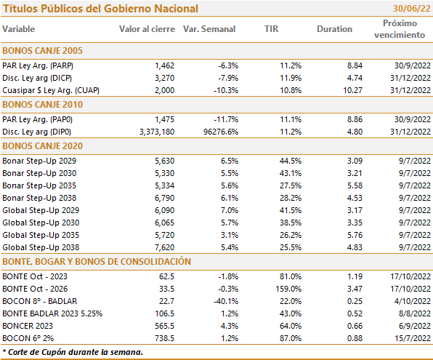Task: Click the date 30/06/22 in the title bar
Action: click(411, 9)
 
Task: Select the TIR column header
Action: click(272, 29)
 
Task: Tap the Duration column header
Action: click(334, 29)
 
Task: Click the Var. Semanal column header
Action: click(209, 29)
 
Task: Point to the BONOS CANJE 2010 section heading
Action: click(43, 105)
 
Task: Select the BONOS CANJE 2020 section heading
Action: click(43, 146)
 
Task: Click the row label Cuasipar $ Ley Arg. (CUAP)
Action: click(51, 90)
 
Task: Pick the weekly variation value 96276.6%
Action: click(221, 132)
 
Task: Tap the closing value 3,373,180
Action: click(157, 132)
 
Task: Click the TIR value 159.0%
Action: click(288, 289)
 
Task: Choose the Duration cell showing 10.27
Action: click(352, 90)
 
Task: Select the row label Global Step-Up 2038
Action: click(41, 247)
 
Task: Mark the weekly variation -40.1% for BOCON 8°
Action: click(226, 301)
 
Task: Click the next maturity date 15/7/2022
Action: click(413, 338)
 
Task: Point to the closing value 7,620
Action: click(165, 247)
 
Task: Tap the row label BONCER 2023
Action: click(28, 326)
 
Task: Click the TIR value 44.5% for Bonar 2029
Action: click(290, 161)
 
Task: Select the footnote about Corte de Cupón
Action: click(73, 352)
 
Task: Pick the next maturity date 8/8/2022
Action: click(415, 313)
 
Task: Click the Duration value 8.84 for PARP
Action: click(355, 65)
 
